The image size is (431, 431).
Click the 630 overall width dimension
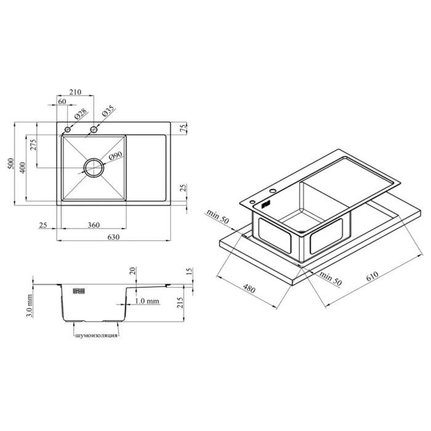(113, 236)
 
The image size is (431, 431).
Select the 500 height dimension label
(10, 164)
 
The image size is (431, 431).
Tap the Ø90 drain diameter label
(116, 156)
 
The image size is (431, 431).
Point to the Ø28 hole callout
(81, 114)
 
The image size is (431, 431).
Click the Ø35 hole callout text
(108, 111)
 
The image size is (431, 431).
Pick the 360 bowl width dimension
(94, 225)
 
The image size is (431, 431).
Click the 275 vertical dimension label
(33, 145)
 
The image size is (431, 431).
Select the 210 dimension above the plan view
(75, 92)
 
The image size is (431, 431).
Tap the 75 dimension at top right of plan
(183, 127)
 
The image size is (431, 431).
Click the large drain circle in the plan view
(94, 158)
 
